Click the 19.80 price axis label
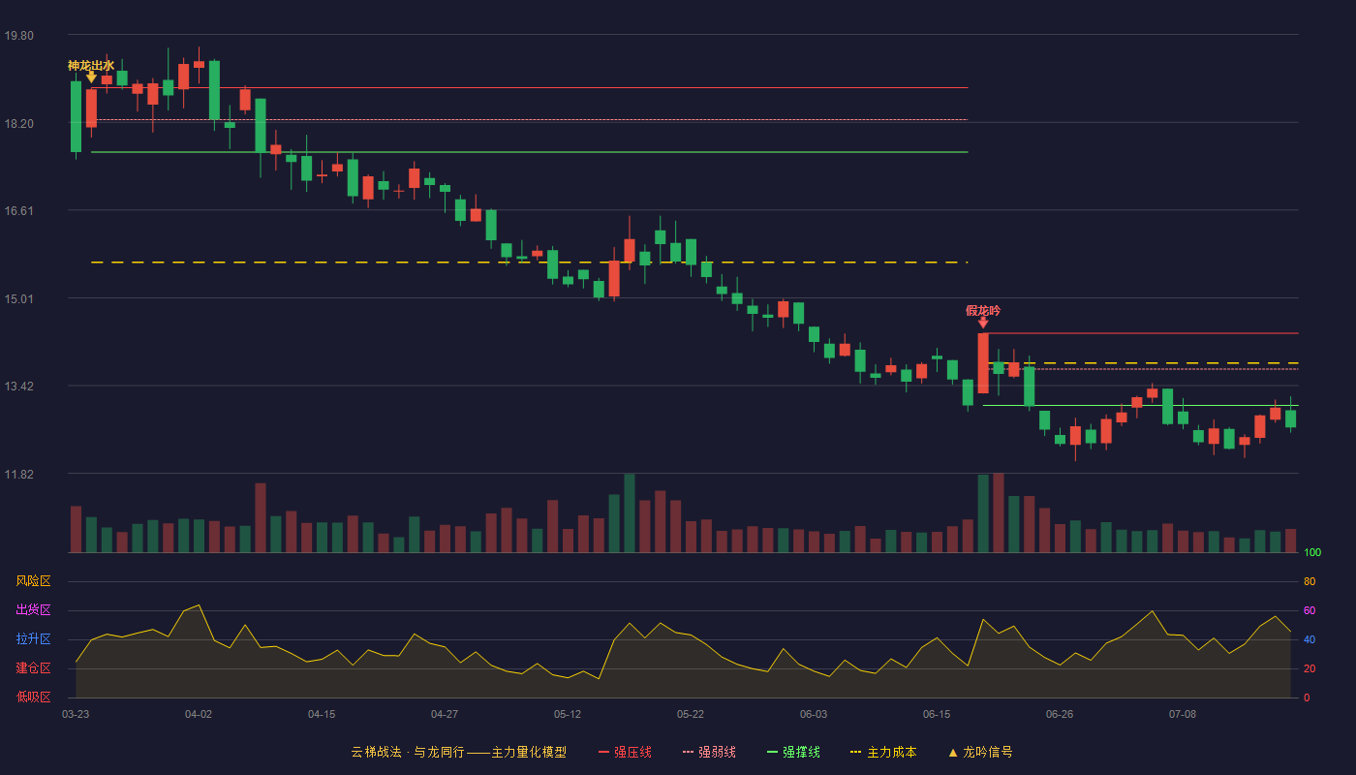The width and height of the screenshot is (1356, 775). point(18,36)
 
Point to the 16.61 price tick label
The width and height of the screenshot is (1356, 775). point(18,211)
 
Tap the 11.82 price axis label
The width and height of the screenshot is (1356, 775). point(18,474)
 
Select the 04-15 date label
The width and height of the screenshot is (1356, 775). point(322,715)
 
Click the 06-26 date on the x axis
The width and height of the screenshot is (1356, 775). point(1060,715)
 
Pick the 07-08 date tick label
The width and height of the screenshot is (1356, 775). point(1183,715)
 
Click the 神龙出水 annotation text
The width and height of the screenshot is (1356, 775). point(91,66)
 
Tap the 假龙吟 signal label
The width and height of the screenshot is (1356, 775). point(983,311)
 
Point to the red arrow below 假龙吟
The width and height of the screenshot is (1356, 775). point(983,323)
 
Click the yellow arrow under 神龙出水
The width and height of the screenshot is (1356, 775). point(91,77)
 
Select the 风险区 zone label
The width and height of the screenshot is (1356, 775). point(33,581)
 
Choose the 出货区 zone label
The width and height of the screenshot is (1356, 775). point(33,609)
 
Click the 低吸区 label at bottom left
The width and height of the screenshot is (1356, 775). point(33,697)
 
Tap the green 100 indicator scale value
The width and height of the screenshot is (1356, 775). point(1312,552)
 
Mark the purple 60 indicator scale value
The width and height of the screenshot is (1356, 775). point(1310,610)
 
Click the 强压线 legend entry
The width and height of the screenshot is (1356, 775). point(625,752)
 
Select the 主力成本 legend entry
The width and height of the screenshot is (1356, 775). point(883,752)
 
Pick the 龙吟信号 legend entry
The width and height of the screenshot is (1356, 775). point(980,752)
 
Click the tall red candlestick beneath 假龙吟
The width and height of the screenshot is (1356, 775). point(983,363)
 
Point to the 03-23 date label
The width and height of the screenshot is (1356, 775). point(76,715)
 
